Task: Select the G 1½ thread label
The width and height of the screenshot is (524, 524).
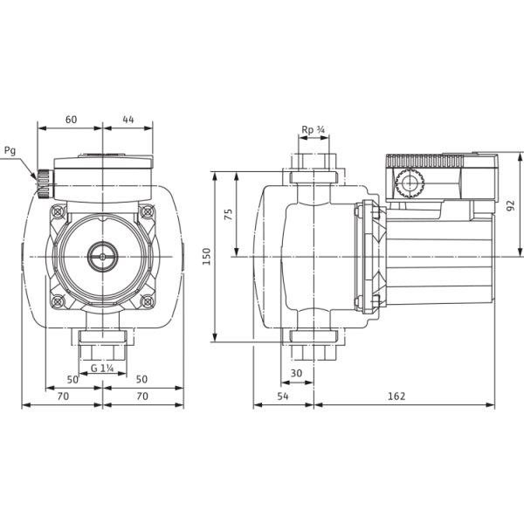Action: (x=103, y=368)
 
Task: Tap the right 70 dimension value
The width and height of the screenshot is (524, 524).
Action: (x=142, y=397)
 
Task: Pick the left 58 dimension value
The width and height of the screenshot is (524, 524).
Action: (x=72, y=380)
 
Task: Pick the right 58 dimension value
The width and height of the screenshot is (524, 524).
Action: (x=141, y=380)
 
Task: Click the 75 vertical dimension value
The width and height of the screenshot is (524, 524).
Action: (x=228, y=214)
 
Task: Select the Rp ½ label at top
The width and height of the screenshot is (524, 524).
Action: (x=314, y=130)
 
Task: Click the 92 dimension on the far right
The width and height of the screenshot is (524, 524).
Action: (x=509, y=205)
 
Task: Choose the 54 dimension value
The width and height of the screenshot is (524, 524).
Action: (x=282, y=397)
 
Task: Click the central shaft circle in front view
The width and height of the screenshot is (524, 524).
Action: (x=103, y=258)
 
